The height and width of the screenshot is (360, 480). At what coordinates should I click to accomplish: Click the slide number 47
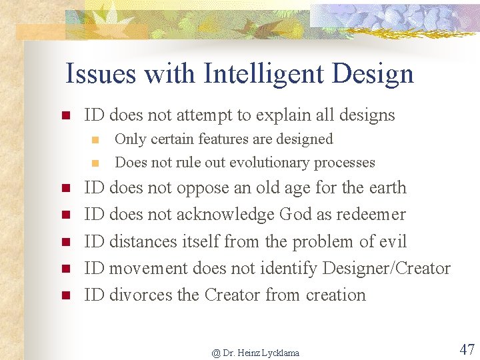click(467, 349)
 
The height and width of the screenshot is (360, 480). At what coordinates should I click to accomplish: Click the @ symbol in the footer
click(216, 353)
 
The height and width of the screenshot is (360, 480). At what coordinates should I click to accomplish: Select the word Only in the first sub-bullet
click(127, 139)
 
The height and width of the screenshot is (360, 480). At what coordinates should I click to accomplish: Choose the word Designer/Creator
click(386, 268)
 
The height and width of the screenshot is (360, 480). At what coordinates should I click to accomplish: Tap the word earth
click(386, 188)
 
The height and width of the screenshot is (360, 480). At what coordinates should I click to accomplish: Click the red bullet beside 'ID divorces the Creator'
click(66, 295)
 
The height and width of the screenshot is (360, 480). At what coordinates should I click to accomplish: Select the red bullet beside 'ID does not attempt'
click(66, 115)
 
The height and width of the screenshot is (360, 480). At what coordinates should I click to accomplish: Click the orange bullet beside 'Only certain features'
click(95, 140)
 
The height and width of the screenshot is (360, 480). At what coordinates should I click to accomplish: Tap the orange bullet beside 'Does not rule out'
click(95, 163)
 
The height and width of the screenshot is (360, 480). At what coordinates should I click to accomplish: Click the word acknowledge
click(225, 215)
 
